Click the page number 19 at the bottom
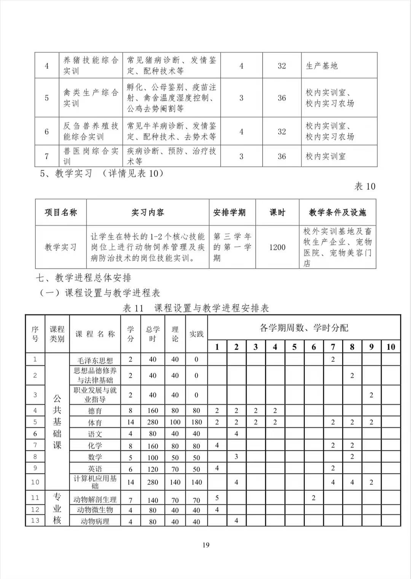[x=205, y=545]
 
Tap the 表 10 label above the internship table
[x=365, y=186]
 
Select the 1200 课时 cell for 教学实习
[x=277, y=247]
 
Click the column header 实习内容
[x=148, y=212]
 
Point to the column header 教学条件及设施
[x=337, y=212]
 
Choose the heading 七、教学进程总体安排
[x=84, y=278]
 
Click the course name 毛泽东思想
[x=95, y=360]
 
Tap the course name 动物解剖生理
[x=95, y=499]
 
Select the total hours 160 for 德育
[x=152, y=411]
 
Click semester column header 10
[x=390, y=347]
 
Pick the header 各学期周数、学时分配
[x=304, y=328]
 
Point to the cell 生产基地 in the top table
[x=322, y=66]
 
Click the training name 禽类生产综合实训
[x=91, y=98]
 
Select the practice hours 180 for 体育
[x=196, y=422]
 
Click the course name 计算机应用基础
[x=95, y=482]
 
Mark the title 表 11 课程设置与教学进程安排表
[x=196, y=308]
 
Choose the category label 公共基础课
[x=57, y=422]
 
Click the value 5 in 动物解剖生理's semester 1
[x=217, y=498]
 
